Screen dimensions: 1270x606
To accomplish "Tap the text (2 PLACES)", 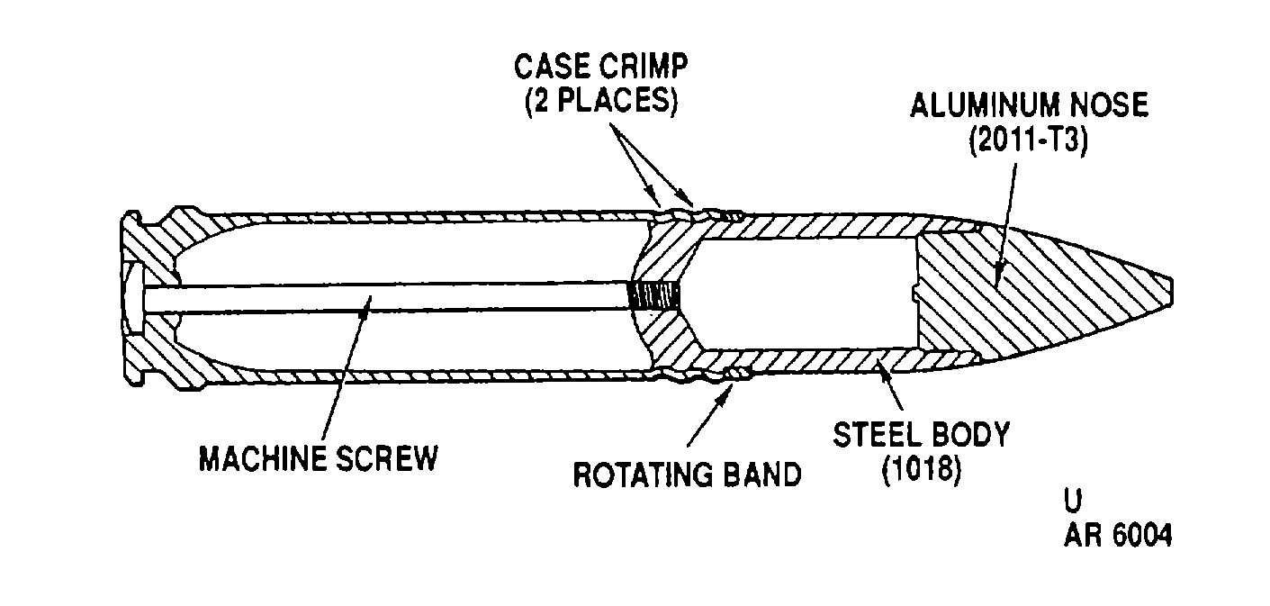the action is [601, 102].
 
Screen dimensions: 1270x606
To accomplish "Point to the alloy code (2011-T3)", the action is [1029, 140].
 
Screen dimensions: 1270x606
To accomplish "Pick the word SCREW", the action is [388, 458].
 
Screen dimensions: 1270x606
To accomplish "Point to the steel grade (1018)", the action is [922, 470].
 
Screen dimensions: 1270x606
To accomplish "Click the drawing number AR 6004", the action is [1118, 535].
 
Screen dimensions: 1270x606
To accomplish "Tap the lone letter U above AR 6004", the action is [1073, 500].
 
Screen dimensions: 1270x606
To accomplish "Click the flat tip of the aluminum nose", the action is [1170, 293].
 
